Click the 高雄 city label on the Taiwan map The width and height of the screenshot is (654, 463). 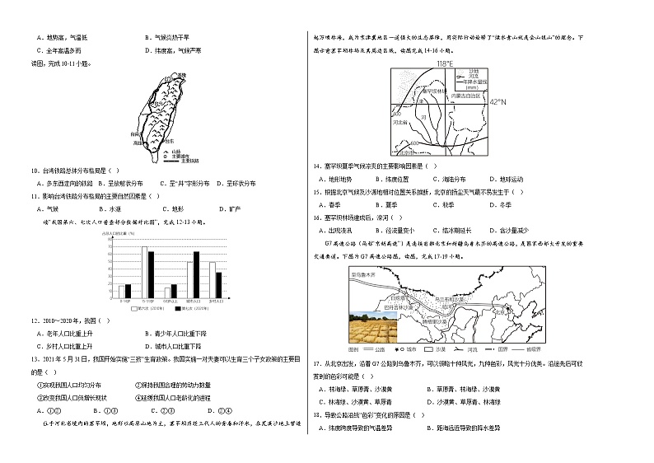pyautogui.click(x=136, y=143)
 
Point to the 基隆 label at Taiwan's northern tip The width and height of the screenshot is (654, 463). pyautogui.click(x=182, y=75)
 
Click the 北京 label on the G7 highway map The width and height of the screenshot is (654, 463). pyautogui.click(x=500, y=312)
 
